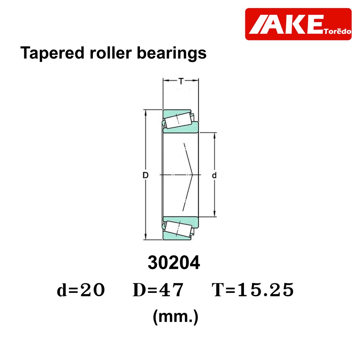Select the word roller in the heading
(111, 53)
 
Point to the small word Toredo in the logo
(337, 31)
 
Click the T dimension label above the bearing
(181, 81)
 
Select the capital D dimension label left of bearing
(146, 175)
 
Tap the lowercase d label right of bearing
(214, 175)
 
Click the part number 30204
(174, 262)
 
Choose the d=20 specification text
(81, 290)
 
